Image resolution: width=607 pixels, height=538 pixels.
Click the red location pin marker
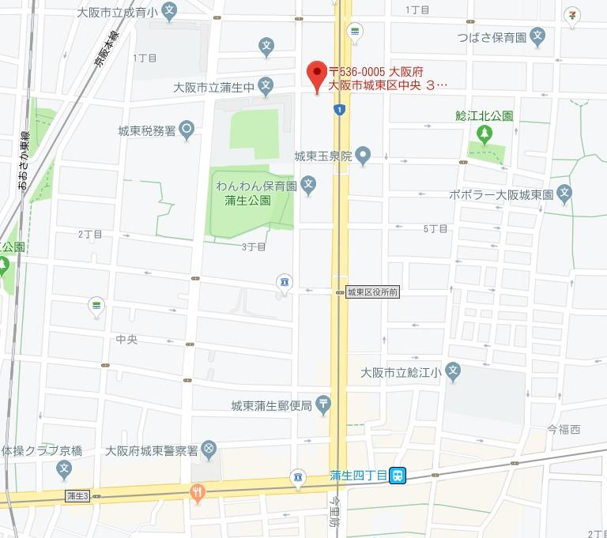click(317, 75)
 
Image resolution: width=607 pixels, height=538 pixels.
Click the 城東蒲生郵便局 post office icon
click(325, 405)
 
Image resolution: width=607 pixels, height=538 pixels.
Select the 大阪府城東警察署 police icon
click(209, 450)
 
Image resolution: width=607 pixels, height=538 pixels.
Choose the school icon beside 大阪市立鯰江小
click(453, 371)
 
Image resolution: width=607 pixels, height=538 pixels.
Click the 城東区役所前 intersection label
click(373, 292)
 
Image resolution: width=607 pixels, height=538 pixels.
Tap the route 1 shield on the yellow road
click(339, 109)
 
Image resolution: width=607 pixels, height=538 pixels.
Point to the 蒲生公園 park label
click(247, 201)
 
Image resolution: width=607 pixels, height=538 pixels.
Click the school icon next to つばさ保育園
click(537, 35)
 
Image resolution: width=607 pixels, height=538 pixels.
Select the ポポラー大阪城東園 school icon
click(564, 192)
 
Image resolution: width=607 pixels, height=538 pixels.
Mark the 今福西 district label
click(564, 429)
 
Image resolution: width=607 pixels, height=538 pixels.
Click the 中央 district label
click(126, 339)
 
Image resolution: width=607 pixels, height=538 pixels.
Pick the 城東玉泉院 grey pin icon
click(363, 155)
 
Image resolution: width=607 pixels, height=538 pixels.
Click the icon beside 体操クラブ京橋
click(64, 470)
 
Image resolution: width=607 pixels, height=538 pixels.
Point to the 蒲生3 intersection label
click(78, 495)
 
